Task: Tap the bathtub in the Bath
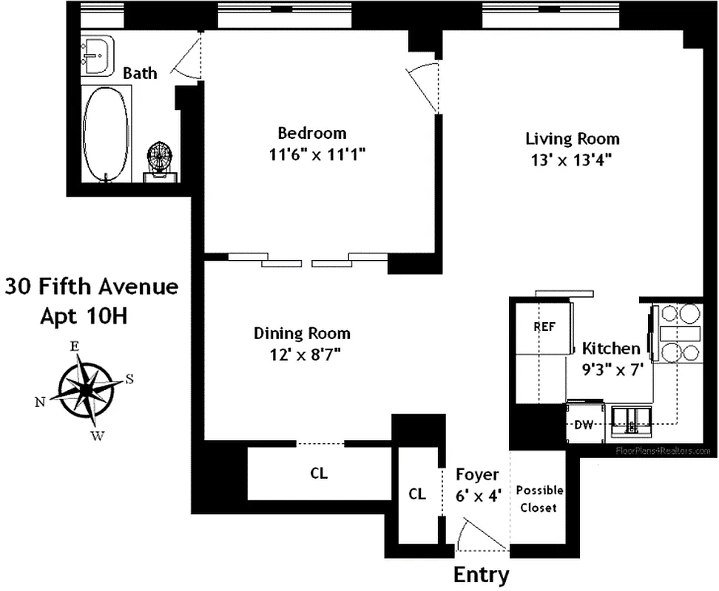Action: pos(106,133)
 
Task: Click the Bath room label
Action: pos(140,73)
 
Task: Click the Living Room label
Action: pos(573,138)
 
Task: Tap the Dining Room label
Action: pos(302,333)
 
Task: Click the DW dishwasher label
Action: pos(585,425)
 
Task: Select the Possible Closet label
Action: pos(539,499)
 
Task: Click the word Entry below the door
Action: pos(481,575)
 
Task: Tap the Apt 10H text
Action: pos(84,316)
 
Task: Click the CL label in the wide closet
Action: pos(319,474)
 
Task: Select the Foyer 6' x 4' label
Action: pos(477,485)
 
